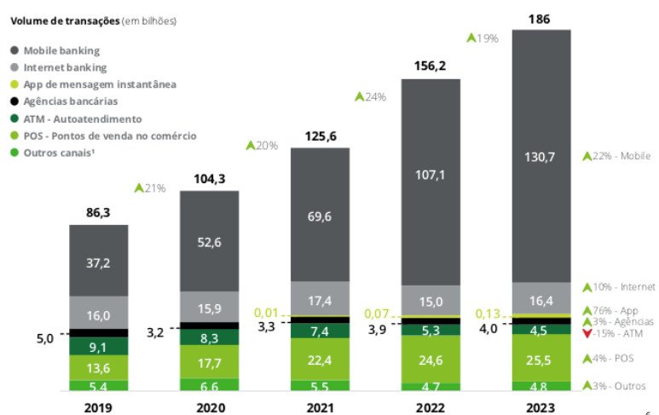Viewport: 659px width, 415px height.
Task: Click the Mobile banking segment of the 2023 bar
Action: coord(540,155)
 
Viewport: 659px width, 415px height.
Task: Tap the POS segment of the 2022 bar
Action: coord(431,359)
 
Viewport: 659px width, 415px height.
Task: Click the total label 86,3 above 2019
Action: coord(99,211)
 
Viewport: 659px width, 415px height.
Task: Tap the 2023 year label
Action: coord(540,407)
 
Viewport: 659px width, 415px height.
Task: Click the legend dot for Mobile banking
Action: coord(14,50)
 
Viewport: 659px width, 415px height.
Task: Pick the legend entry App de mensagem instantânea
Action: coord(100,84)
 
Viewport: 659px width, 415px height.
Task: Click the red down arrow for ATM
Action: coord(587,333)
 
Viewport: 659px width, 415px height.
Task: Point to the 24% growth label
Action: coord(371,97)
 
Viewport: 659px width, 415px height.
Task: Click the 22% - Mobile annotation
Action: coord(616,156)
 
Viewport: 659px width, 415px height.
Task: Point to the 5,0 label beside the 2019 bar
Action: coord(44,338)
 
